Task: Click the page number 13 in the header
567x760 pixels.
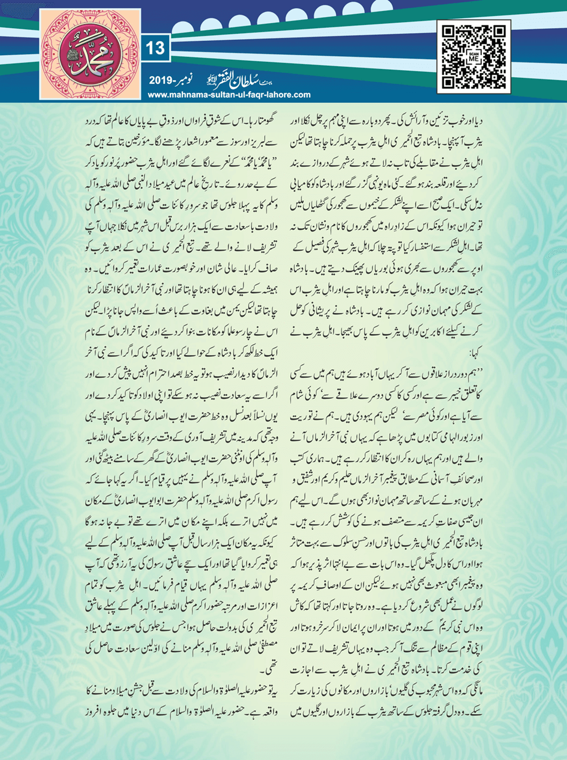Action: pos(155,49)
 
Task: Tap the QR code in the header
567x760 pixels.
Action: pos(474,56)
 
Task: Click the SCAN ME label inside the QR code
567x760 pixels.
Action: pos(474,57)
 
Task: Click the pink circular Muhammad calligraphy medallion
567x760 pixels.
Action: pos(91,57)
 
